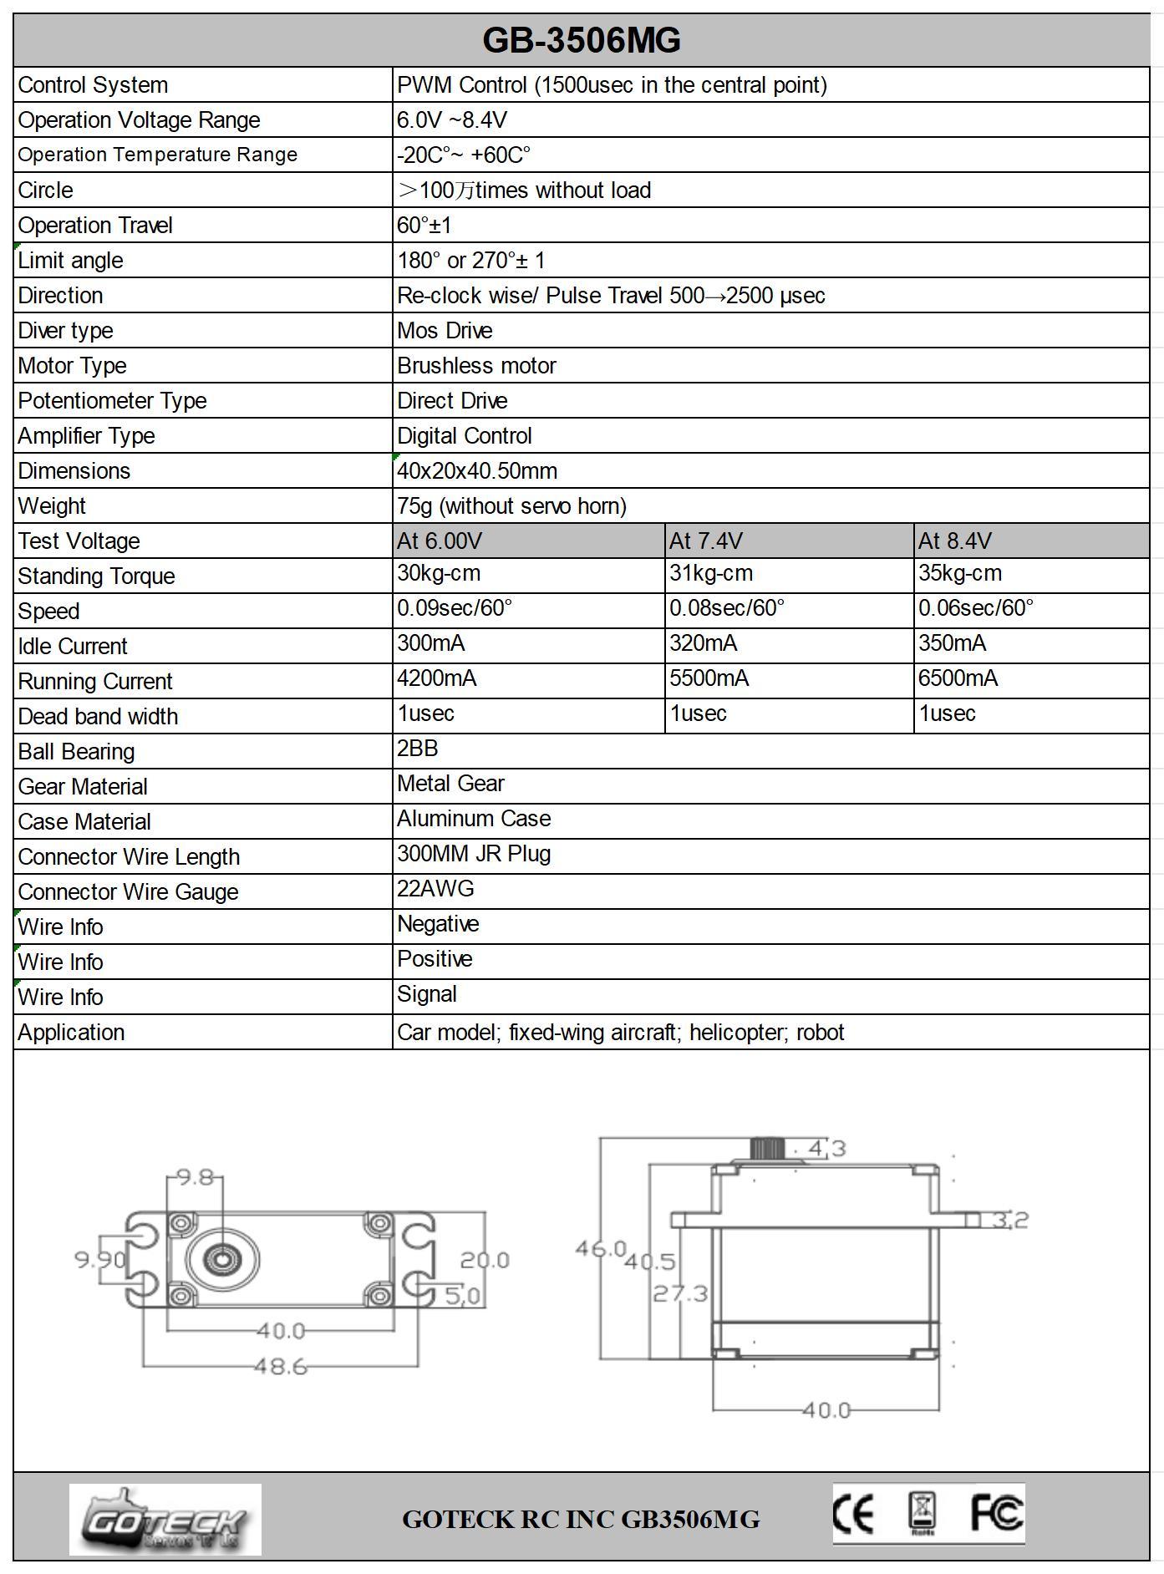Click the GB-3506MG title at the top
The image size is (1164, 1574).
[x=582, y=40]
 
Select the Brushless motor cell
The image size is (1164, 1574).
[x=476, y=366]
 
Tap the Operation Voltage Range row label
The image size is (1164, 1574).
[x=139, y=120]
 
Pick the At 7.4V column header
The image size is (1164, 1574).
[x=705, y=541]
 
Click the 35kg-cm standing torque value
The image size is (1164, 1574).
[x=960, y=574]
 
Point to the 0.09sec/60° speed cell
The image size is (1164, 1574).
[x=455, y=608]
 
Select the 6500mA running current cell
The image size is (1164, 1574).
[x=958, y=678]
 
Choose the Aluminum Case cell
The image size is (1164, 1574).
[x=474, y=819]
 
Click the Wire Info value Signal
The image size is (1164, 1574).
[x=427, y=994]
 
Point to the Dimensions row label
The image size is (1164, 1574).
[x=74, y=471]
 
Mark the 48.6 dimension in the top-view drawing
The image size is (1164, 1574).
[x=281, y=1367]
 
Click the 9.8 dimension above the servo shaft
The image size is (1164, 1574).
[x=196, y=1178]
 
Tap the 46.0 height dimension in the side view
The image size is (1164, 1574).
[x=600, y=1249]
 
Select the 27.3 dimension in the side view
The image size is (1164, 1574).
[x=679, y=1294]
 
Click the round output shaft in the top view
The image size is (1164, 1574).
[x=222, y=1259]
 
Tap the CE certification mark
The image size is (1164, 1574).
[x=853, y=1515]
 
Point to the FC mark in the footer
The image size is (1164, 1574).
[x=996, y=1513]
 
